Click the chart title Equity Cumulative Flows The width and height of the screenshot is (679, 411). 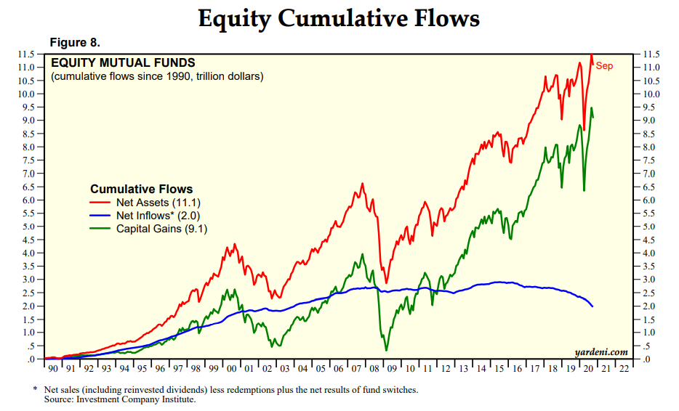[x=339, y=19]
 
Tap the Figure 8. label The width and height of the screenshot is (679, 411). [x=73, y=42]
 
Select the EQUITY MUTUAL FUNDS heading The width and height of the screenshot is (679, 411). [x=123, y=63]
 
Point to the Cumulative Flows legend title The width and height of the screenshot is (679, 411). [x=141, y=189]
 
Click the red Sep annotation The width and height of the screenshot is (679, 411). [x=604, y=66]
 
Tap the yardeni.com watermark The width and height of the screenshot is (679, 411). [x=600, y=351]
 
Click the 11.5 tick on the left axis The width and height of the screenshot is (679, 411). [x=27, y=54]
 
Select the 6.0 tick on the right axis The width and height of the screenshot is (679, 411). [x=651, y=200]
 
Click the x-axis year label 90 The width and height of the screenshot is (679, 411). [x=52, y=369]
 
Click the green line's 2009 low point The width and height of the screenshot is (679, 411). [x=386, y=351]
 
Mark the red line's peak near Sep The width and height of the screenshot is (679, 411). [x=592, y=55]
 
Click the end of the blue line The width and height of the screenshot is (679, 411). [x=592, y=306]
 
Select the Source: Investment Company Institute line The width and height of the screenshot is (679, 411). [x=120, y=399]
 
